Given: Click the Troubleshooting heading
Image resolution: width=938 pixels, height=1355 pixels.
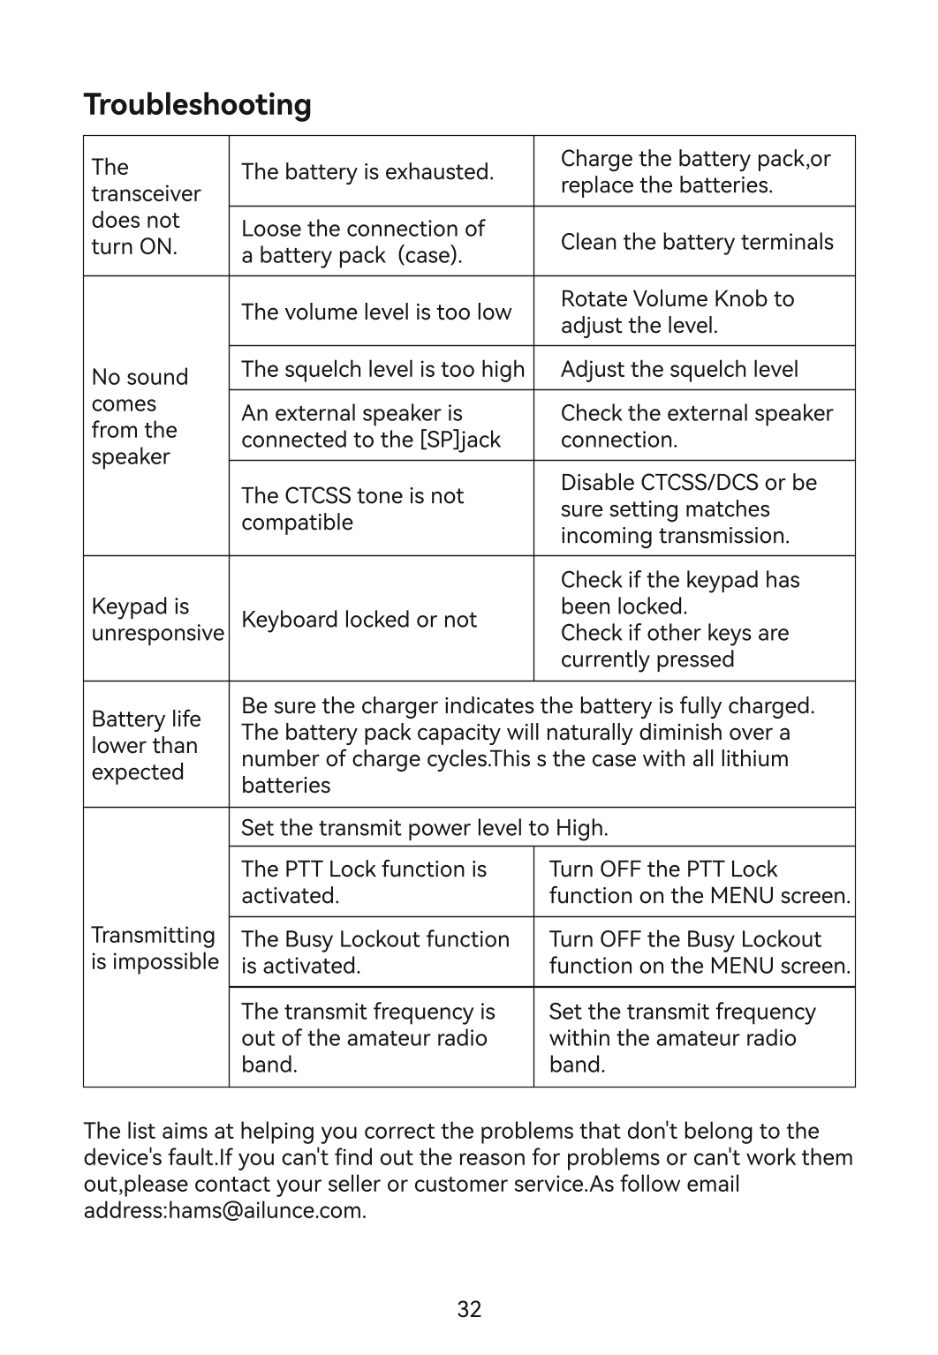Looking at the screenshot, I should click(x=197, y=105).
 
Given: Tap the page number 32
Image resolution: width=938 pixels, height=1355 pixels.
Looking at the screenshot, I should click(x=469, y=1309).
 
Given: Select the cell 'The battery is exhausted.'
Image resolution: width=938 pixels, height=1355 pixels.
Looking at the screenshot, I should click(x=367, y=171).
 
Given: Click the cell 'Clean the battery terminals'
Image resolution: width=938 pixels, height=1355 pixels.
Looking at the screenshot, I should click(x=696, y=242).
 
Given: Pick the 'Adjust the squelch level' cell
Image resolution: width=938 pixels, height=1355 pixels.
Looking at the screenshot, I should click(x=678, y=369).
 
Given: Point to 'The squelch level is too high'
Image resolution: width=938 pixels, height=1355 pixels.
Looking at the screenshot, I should click(x=382, y=369).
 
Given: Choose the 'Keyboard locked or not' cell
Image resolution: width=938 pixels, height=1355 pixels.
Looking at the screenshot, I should click(x=359, y=620).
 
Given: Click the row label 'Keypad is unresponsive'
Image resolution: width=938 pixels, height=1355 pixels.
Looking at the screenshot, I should click(x=156, y=620).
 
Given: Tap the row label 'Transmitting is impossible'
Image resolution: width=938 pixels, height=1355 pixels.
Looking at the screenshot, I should click(x=155, y=948).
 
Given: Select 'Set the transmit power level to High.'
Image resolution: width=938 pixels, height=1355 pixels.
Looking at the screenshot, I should click(x=424, y=828).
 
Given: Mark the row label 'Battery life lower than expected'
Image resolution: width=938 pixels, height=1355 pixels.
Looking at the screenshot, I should click(x=146, y=745).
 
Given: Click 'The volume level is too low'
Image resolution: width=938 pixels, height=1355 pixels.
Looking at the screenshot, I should click(x=376, y=312).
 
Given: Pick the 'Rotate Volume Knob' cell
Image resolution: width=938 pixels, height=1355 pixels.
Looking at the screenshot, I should click(x=677, y=312).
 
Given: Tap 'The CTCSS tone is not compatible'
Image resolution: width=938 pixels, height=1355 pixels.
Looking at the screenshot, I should click(x=352, y=508).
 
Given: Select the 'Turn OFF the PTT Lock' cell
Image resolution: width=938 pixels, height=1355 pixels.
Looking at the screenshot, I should click(x=699, y=882).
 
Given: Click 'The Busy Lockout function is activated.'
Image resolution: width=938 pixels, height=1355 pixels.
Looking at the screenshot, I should click(x=375, y=952).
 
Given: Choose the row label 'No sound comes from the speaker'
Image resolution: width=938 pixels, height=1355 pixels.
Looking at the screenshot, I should click(x=140, y=417).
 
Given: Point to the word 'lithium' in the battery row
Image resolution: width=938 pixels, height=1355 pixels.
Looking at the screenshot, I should click(x=751, y=758).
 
